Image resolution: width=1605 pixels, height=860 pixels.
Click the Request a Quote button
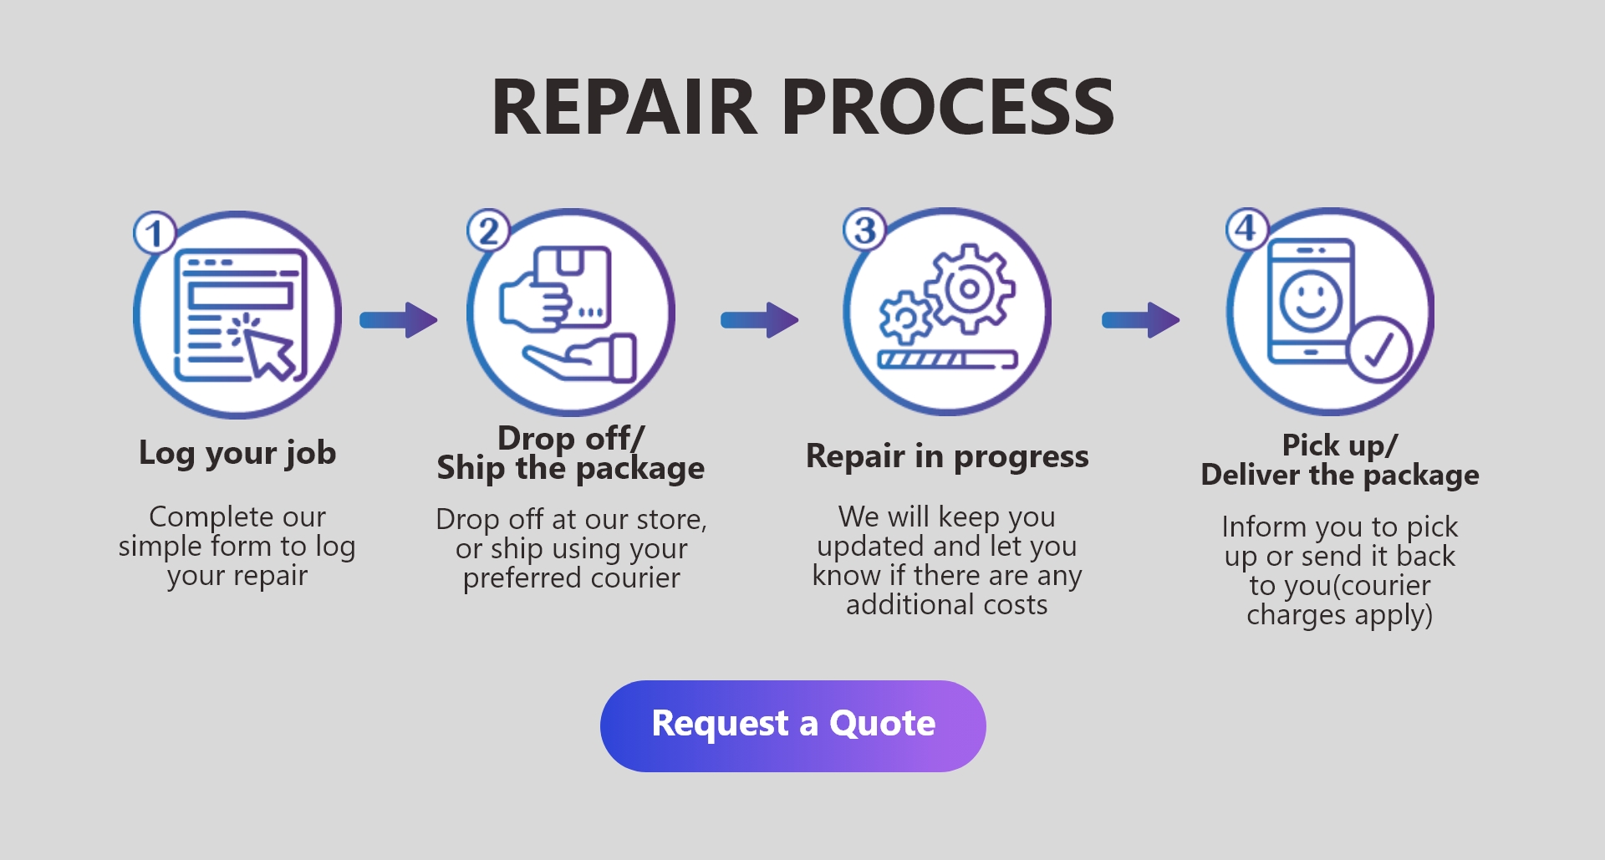792,725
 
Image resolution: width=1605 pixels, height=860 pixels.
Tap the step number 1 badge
155,234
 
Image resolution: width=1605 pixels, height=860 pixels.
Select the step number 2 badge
488,231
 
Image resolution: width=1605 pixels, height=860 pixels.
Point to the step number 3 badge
865,230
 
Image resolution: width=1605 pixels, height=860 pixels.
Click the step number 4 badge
1246,228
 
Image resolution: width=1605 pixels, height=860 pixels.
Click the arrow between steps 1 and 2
399,320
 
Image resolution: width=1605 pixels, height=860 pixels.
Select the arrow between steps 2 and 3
760,320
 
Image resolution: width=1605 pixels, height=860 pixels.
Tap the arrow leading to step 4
1141,320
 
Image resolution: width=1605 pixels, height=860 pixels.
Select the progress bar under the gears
947,360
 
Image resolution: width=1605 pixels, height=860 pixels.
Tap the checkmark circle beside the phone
1378,350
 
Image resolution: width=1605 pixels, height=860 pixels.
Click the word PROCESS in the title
948,107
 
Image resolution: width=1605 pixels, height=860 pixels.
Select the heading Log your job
237,454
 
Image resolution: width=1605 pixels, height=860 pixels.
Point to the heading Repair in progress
947,457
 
